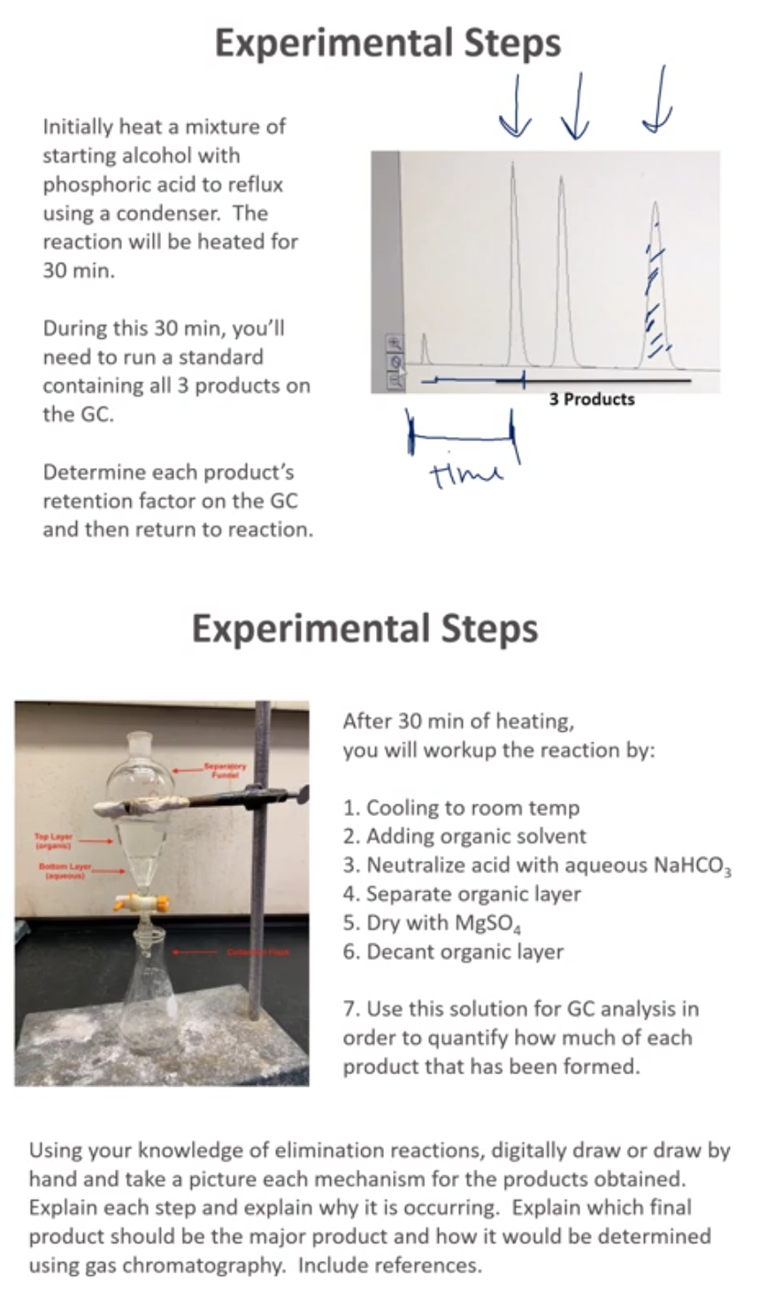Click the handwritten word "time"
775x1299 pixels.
[465, 474]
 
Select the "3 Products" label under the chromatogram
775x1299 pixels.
[591, 399]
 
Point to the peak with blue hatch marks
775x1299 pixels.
[655, 292]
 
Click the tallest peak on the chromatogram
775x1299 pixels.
[513, 265]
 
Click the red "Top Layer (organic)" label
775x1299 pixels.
[53, 840]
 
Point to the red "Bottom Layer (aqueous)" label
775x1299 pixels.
[65, 871]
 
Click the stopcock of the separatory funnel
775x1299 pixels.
[142, 902]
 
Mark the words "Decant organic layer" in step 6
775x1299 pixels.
[464, 952]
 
